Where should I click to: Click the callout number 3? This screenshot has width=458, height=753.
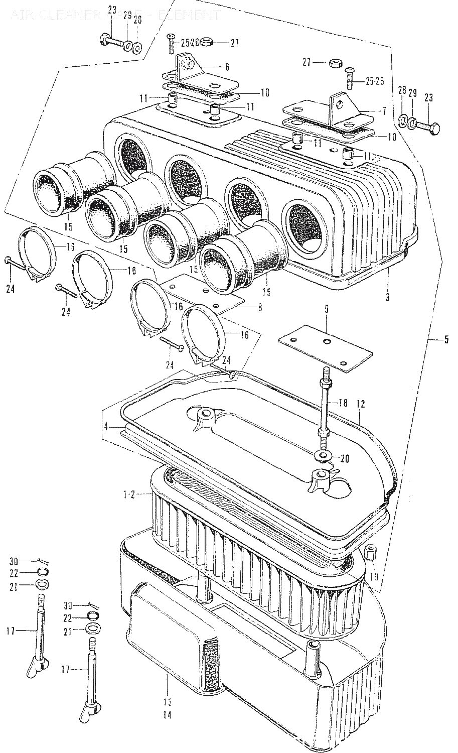(x=388, y=297)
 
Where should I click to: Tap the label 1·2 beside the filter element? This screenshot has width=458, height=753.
(x=129, y=495)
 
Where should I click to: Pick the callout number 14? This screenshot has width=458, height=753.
(x=167, y=714)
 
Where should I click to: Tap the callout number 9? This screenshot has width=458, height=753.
(x=326, y=310)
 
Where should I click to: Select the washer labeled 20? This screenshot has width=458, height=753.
(x=321, y=456)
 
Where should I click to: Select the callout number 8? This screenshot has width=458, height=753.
(x=259, y=307)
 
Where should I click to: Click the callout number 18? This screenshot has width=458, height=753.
(x=343, y=403)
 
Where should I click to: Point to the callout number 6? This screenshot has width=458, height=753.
(x=227, y=66)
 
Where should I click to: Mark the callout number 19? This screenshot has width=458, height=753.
(x=374, y=577)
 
